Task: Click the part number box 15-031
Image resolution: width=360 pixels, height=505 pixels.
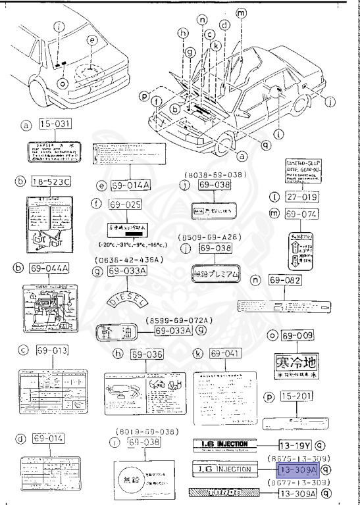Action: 54,124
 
